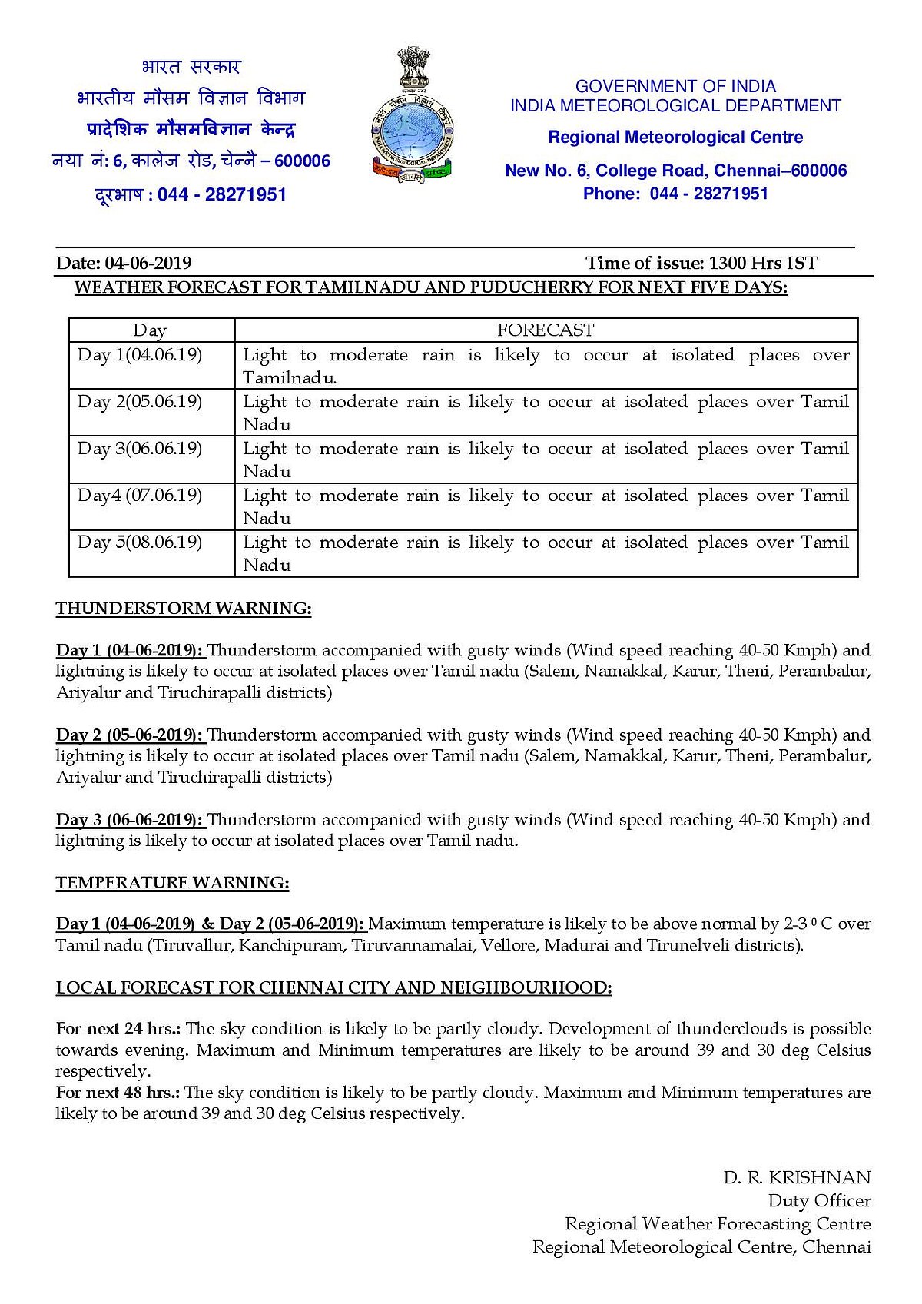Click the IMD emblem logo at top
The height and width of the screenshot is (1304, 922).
click(x=413, y=115)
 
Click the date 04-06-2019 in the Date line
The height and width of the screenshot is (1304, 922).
click(x=148, y=264)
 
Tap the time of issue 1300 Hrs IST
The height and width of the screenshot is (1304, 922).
click(x=763, y=264)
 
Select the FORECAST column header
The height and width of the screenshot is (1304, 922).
click(x=546, y=330)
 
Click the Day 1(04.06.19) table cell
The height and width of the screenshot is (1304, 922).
click(x=140, y=355)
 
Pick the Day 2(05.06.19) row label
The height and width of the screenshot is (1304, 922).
click(x=140, y=402)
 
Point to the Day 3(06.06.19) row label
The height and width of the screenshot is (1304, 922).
click(x=140, y=449)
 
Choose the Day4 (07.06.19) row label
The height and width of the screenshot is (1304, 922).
click(x=140, y=496)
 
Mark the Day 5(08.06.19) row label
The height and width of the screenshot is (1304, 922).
click(x=140, y=543)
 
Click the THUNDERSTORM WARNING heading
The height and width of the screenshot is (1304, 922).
click(x=184, y=609)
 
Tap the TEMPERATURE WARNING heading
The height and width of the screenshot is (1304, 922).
click(x=173, y=883)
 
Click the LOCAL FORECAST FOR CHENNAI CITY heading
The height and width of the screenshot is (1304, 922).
click(x=334, y=988)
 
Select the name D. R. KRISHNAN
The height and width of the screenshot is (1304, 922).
click(x=797, y=1178)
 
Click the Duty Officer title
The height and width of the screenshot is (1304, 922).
click(x=819, y=1201)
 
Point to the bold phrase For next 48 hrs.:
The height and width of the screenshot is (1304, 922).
click(x=118, y=1093)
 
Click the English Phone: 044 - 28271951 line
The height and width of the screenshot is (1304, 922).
click(x=675, y=194)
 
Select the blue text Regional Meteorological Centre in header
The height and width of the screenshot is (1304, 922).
click(x=675, y=138)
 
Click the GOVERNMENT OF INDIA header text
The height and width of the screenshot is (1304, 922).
click(x=675, y=87)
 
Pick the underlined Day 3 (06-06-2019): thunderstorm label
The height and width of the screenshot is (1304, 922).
click(x=130, y=820)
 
